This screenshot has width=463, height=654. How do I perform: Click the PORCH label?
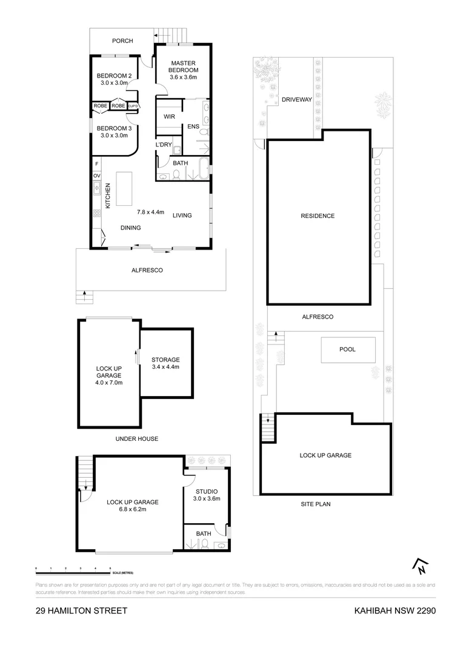coord(122,41)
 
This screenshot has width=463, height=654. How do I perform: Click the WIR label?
coord(169,116)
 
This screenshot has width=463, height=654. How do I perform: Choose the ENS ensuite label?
coord(193,127)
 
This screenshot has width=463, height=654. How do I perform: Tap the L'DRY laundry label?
coord(164,145)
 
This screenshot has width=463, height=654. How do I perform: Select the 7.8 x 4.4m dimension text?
coord(150,212)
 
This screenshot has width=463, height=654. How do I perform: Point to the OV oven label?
coord(96,176)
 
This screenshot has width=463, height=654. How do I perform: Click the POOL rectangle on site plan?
coord(347,349)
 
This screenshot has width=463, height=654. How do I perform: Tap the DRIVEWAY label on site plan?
coord(296,100)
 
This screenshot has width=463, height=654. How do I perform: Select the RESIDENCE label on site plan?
coord(318,216)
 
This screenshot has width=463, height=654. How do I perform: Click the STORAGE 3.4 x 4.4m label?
coord(165,363)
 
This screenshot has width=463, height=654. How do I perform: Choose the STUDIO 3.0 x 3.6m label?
coord(207,495)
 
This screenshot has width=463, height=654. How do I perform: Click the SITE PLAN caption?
coord(315,504)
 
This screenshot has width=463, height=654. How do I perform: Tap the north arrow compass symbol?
coord(420,566)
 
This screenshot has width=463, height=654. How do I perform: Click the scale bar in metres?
coord(73,570)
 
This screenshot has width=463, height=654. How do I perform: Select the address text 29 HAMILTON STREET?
coord(81,610)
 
